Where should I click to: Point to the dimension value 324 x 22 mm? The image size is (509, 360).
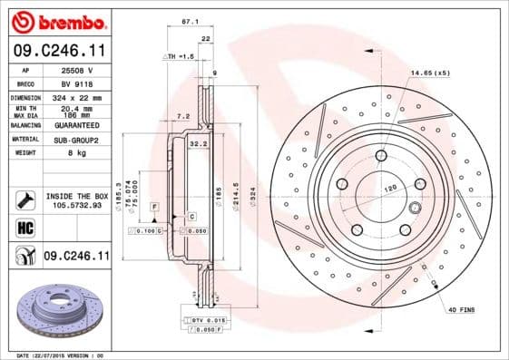coord(76,97)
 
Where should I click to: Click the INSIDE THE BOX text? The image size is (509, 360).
coord(77,196)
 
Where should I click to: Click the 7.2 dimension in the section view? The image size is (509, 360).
coord(181,116)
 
